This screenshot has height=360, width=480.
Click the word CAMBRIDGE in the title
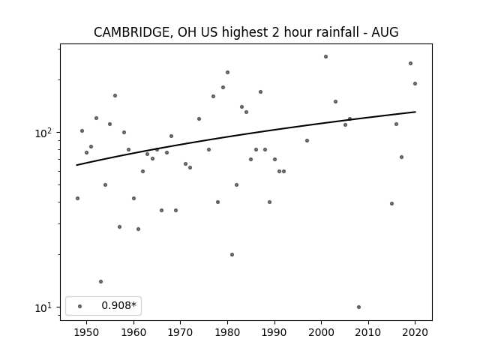[131, 32]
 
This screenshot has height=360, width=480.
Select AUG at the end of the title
[385, 32]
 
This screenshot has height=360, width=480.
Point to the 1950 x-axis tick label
[87, 332]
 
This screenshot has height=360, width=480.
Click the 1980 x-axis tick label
[227, 332]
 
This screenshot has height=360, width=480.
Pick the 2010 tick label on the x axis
[368, 332]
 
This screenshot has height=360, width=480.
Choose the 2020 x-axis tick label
[415, 332]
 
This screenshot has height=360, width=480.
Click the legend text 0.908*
[118, 305]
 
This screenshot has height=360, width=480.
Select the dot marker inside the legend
[80, 306]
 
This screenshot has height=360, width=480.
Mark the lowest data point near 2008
[358, 307]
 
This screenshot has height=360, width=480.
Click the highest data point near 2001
[325, 57]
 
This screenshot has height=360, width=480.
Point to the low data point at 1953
[100, 282]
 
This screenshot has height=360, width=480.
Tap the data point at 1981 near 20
[232, 255]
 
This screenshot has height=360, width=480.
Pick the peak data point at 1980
[227, 73]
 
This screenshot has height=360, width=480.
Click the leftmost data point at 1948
[77, 198]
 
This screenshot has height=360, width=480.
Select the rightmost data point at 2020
[415, 83]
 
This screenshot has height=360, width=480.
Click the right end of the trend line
[415, 112]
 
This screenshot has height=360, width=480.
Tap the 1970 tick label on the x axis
[180, 332]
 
